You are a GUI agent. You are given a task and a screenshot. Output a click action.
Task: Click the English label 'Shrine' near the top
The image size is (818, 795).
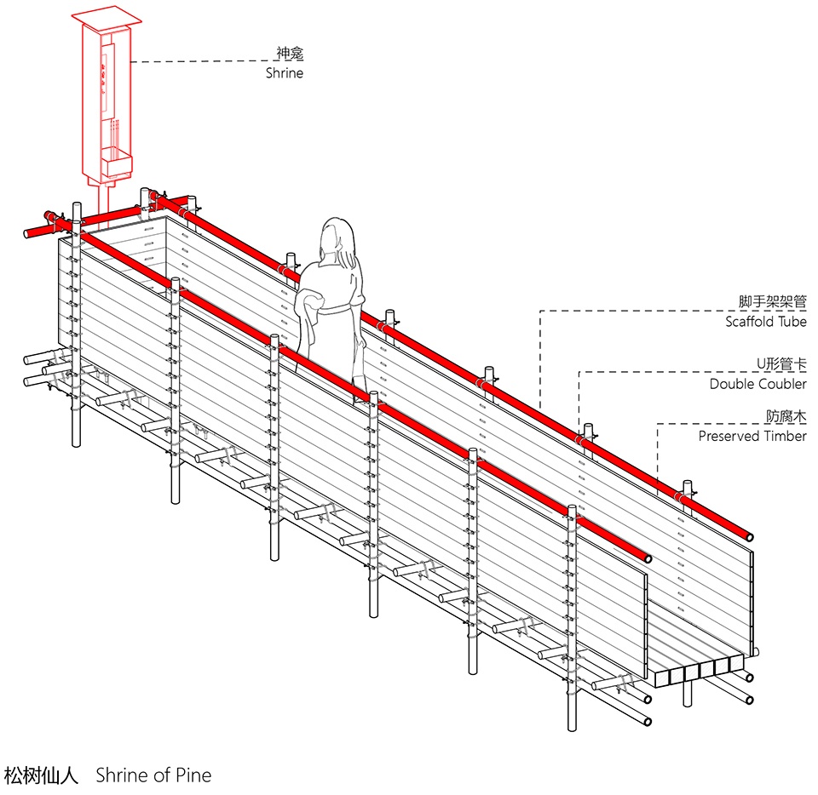[x=285, y=73]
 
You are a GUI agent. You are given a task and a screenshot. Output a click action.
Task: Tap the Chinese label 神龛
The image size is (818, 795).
[x=290, y=53]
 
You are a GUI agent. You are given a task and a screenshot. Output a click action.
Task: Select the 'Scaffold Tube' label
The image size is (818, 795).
[x=766, y=322]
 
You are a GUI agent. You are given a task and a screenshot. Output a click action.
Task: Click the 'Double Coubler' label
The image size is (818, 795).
[x=758, y=384]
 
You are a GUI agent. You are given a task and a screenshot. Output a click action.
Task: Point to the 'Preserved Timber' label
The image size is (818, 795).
[x=752, y=436]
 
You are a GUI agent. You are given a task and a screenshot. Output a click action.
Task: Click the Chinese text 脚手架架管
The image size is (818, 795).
[x=773, y=301]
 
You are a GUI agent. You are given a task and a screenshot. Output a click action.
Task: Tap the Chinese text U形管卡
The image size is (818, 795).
[x=781, y=363]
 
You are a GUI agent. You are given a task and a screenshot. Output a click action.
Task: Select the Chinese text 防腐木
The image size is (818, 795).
[x=786, y=415]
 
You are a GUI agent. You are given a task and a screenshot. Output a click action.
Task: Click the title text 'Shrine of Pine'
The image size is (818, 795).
[x=154, y=775]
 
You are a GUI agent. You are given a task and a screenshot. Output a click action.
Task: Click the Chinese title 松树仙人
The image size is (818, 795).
[x=41, y=775]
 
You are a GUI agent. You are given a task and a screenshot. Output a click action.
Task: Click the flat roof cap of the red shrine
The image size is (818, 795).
[x=107, y=18]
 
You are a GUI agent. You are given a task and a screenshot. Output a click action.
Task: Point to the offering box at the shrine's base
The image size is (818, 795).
[x=116, y=162]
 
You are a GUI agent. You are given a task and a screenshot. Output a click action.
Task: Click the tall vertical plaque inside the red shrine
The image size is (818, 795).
[x=107, y=77]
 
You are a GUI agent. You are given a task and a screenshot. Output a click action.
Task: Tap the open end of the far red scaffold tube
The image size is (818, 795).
[x=749, y=536]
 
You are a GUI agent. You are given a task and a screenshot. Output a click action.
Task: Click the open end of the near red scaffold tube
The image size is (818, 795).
[x=648, y=558]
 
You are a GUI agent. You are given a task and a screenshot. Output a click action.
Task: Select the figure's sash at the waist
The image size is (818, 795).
[x=338, y=311]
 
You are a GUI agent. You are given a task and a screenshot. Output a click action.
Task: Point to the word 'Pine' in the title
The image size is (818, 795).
[x=193, y=775]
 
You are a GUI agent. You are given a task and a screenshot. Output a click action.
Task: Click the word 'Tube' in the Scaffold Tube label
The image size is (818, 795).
[x=793, y=322]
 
